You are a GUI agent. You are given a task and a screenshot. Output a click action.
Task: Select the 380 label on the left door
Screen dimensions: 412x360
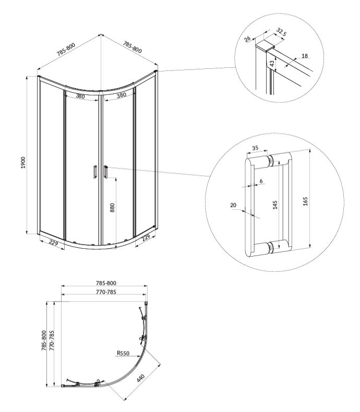81,96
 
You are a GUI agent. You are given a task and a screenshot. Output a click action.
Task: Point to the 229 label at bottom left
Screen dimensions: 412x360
53,242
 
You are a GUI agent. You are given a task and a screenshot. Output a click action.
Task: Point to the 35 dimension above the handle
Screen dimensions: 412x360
255,148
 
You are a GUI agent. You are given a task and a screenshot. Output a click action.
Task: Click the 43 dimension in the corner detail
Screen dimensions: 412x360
272,63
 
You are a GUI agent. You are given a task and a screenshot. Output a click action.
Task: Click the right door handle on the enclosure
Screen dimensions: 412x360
105,173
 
